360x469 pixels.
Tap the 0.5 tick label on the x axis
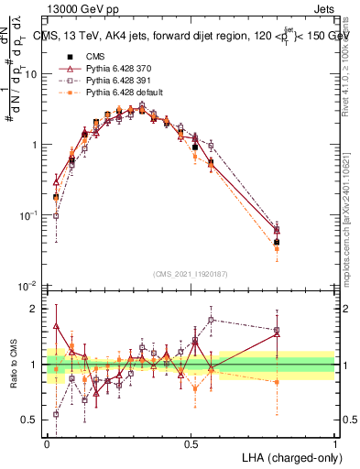[191, 443]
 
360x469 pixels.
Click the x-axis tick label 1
[335, 443]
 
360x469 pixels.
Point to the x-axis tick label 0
[48, 443]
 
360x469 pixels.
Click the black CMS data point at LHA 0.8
[278, 243]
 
